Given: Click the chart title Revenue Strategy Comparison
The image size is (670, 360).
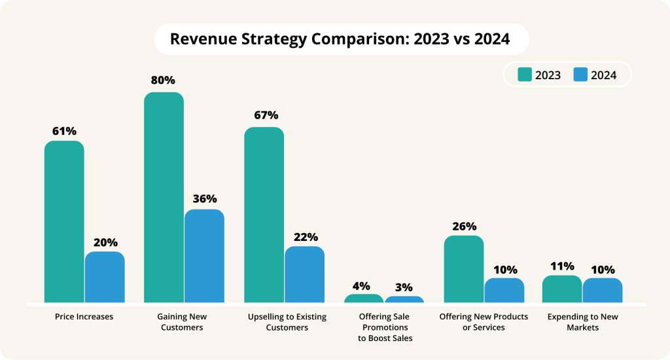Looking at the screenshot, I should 340,39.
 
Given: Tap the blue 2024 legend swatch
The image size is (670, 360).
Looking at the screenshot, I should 580,75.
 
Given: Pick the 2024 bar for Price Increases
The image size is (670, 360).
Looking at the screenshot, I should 105,277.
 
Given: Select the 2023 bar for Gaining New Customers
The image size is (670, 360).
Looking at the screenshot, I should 164,197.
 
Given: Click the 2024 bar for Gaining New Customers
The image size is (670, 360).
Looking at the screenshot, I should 204,256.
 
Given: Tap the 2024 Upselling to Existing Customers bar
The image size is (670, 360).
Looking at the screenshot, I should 304,274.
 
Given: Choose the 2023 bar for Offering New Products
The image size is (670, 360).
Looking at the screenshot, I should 464,269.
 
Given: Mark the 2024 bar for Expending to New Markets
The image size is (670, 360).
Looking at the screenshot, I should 603,291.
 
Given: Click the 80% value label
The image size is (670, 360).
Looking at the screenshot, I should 163,81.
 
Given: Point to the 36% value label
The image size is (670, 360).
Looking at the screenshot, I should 204,198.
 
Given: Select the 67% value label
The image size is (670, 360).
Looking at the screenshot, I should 265,115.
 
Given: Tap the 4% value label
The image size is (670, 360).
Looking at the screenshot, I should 361,285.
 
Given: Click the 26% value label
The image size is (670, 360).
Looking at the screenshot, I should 464,226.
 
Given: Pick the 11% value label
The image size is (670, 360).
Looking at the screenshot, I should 562,266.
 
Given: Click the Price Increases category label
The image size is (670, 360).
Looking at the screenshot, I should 84,317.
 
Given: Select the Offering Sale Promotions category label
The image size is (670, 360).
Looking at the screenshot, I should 385,327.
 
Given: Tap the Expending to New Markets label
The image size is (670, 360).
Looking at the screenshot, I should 582,322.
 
